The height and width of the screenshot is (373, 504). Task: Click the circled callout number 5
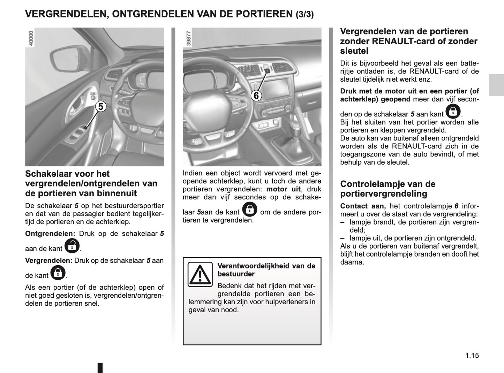tap(100, 106)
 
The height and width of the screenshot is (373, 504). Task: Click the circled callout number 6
tap(256, 95)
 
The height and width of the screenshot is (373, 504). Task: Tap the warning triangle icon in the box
tap(200, 274)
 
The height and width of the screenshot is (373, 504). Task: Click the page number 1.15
tap(472, 356)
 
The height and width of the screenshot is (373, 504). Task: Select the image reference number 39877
tap(189, 38)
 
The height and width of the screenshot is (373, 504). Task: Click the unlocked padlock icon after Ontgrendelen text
tap(72, 245)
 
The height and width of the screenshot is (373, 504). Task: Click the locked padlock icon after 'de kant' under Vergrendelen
tap(58, 272)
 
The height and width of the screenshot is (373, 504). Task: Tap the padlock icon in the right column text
tap(453, 111)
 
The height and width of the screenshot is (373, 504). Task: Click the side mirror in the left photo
tap(67, 59)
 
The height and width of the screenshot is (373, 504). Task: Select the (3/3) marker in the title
tap(304, 14)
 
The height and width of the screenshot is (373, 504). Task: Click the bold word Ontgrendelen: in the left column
tap(50, 234)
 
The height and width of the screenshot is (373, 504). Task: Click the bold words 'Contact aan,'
tap(363, 206)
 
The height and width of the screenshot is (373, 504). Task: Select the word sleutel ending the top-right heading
tap(354, 51)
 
